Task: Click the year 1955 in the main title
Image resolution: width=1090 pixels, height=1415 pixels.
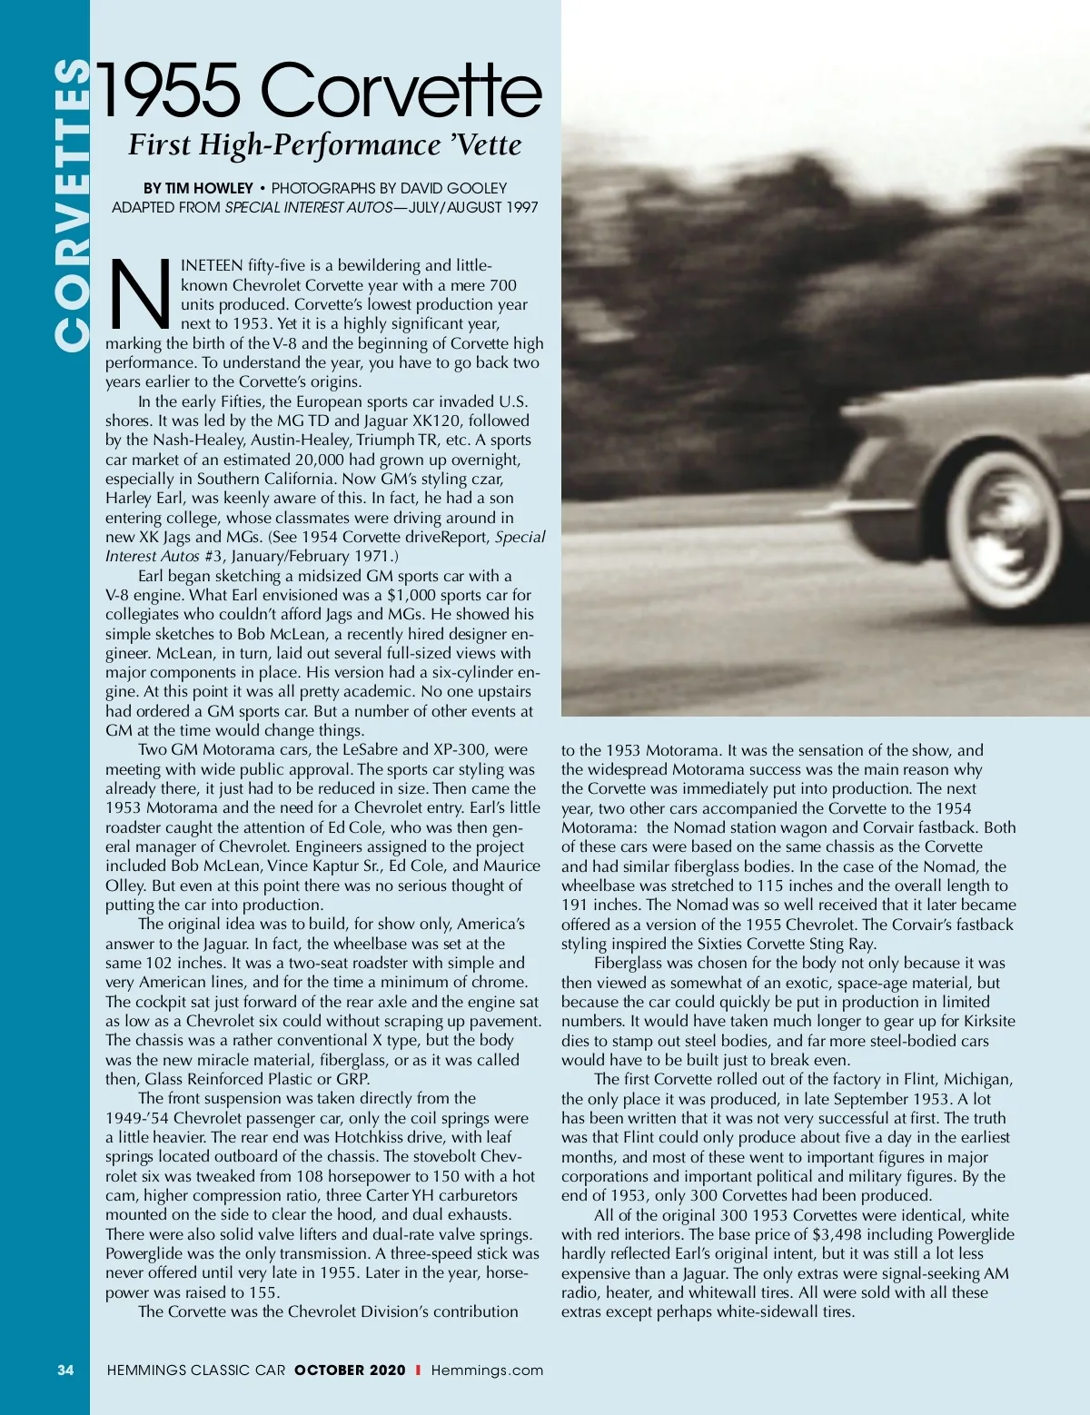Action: (170, 91)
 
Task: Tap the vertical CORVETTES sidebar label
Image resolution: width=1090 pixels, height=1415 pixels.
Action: (72, 204)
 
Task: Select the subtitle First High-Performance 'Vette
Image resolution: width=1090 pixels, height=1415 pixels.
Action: (324, 145)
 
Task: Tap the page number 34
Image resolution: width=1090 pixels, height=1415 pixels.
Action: (65, 1370)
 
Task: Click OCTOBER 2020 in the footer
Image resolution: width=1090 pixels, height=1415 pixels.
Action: (350, 1370)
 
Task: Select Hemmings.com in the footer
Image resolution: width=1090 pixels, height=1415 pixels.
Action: (487, 1370)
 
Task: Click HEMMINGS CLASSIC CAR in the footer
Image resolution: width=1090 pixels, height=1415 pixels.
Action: (195, 1370)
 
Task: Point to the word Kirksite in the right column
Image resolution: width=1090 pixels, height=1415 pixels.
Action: (982, 1021)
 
